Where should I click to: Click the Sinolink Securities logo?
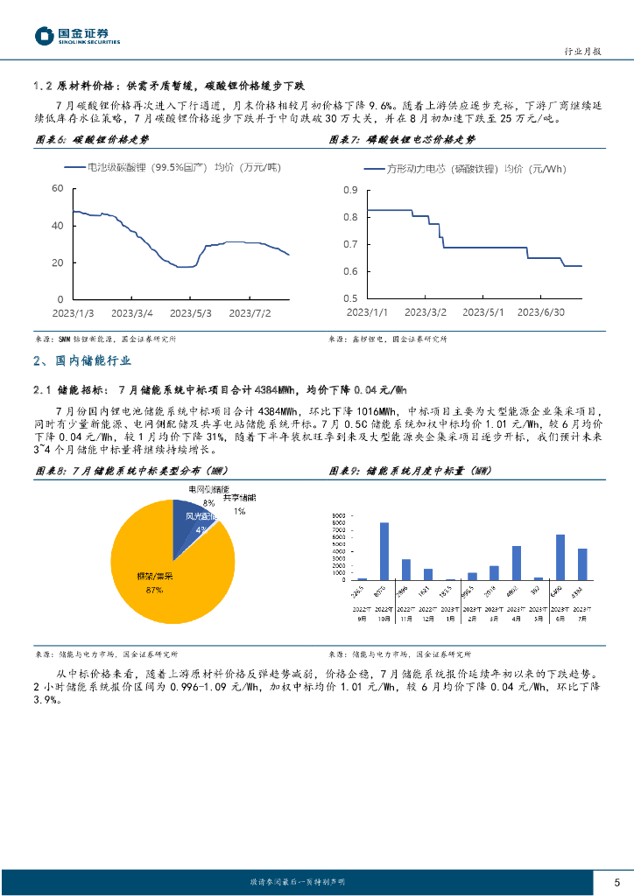[77, 36]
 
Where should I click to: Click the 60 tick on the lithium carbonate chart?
[58, 189]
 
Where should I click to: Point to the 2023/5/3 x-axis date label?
[192, 312]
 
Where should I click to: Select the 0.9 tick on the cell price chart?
[351, 191]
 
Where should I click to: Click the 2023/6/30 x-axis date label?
[541, 312]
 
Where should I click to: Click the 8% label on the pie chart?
[208, 503]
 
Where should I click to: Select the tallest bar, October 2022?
[384, 551]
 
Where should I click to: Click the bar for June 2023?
[560, 557]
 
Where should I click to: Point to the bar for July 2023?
[582, 564]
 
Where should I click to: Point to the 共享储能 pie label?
[235, 498]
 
